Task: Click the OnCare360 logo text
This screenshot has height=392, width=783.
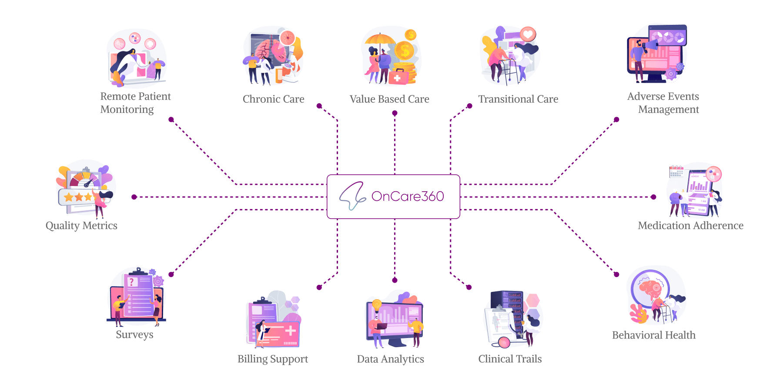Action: pos(408,196)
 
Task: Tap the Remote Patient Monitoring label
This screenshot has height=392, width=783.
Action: pos(135,103)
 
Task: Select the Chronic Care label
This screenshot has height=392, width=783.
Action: pos(273,99)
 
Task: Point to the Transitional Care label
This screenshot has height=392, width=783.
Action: pos(518,99)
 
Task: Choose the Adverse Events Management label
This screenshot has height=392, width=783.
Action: pos(663,103)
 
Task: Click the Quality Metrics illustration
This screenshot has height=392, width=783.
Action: pos(85,189)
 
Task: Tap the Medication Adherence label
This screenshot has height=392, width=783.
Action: pos(690,226)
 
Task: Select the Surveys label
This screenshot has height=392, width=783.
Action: pos(134,335)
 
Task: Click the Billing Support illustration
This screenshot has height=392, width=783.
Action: pos(274,321)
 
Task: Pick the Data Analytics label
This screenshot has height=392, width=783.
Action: pos(390,359)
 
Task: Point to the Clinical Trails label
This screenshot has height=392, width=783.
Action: pos(510,359)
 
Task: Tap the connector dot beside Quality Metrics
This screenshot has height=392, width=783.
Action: pos(134,197)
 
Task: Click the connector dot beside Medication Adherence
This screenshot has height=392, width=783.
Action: pos(653,197)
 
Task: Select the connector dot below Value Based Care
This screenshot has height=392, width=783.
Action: pos(395,113)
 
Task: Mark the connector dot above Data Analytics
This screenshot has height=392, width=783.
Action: pos(395,280)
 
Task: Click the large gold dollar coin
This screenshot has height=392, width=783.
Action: pos(405,51)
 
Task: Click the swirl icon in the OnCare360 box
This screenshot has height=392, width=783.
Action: pos(352,196)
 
